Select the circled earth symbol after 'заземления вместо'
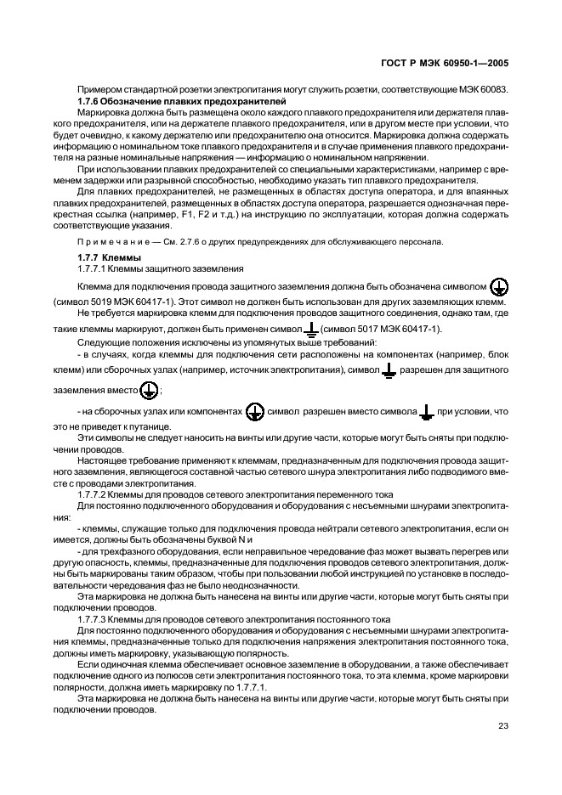[x=150, y=389]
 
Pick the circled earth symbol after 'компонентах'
[x=254, y=411]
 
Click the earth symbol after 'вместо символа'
[x=428, y=412]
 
